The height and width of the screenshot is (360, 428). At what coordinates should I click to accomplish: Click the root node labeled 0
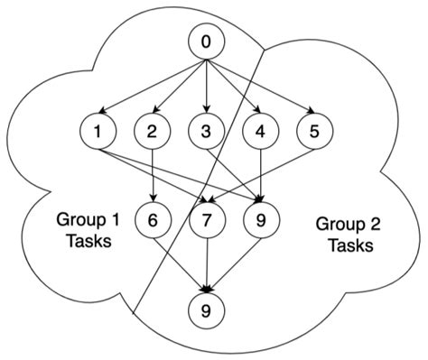pyautogui.click(x=207, y=42)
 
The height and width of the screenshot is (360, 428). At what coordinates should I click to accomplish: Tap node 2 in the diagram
pyautogui.click(x=152, y=132)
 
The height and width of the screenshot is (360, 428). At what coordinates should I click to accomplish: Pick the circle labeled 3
pyautogui.click(x=207, y=132)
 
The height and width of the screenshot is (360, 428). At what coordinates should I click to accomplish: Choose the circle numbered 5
pyautogui.click(x=314, y=132)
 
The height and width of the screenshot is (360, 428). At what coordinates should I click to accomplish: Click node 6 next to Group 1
pyautogui.click(x=152, y=219)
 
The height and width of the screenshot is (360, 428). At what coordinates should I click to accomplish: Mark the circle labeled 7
pyautogui.click(x=207, y=219)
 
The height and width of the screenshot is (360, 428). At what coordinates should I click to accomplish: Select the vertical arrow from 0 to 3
pyautogui.click(x=207, y=86)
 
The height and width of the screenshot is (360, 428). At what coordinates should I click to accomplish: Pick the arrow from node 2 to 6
pyautogui.click(x=152, y=176)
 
